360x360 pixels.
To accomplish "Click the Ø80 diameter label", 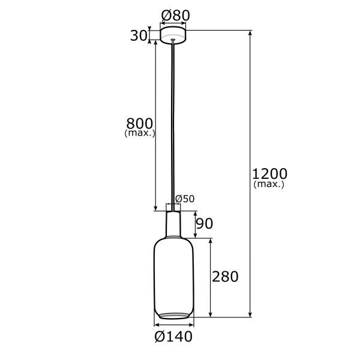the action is pos(176,16).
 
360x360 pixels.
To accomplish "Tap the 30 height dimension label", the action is pos(139,36).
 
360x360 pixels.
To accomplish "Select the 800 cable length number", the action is pos(140,124).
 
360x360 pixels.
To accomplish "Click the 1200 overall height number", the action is pos(270,174).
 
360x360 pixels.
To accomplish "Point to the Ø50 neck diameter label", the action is pos(185,199).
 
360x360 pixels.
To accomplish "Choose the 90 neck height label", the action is pos(205,223).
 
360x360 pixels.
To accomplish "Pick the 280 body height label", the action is pos(225,277).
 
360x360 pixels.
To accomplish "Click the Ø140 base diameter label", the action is pos(173,337).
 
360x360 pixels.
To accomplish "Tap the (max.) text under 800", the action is pos(140,133).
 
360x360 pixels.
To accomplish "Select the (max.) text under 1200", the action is pos(269,184).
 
